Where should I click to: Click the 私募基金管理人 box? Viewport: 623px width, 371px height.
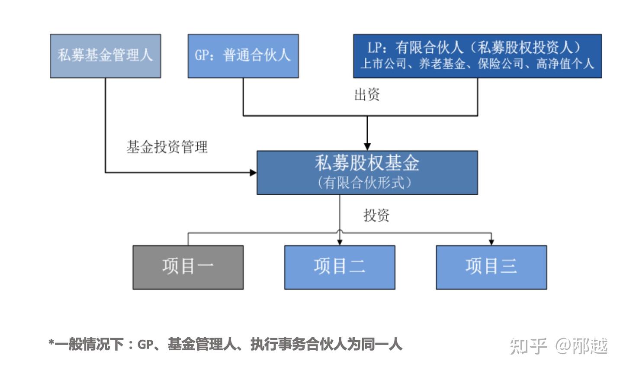(x=105, y=56)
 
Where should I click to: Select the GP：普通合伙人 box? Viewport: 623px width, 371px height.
(x=243, y=56)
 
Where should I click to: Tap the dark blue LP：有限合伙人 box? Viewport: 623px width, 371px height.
(x=477, y=56)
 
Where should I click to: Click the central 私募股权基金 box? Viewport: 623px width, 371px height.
(x=367, y=172)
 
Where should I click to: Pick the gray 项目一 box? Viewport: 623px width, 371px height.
(x=188, y=267)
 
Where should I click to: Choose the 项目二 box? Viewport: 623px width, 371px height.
(x=339, y=267)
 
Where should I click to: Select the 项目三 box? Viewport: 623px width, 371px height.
(x=491, y=267)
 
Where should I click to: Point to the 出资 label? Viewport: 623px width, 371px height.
(x=367, y=94)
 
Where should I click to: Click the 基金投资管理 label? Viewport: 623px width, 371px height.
(x=167, y=147)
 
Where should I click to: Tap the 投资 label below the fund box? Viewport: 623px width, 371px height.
(x=376, y=215)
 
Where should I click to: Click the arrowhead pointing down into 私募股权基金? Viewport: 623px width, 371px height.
(x=367, y=146)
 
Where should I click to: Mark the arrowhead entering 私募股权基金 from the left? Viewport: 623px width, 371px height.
(x=253, y=173)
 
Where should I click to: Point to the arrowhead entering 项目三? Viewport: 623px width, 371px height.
(x=491, y=242)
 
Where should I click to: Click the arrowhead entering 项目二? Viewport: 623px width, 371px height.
(x=340, y=242)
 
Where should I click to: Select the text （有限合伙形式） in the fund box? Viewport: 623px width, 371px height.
(x=364, y=183)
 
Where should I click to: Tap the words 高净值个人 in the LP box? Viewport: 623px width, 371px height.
(x=565, y=65)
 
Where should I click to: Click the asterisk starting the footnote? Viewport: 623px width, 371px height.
(x=51, y=344)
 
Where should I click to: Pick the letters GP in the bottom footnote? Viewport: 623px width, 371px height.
(x=145, y=345)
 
